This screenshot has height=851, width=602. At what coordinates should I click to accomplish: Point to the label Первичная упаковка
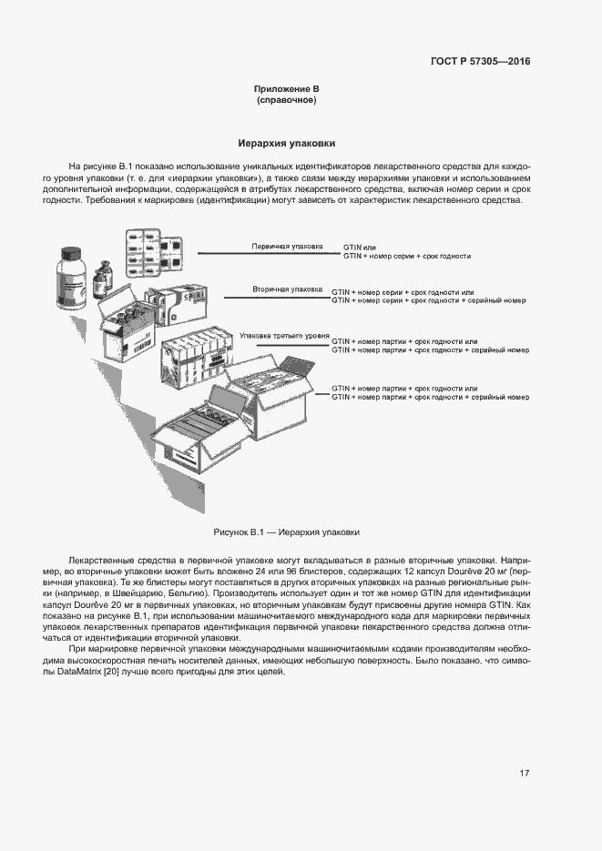pos(287,246)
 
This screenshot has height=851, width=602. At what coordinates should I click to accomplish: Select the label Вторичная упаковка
pos(287,289)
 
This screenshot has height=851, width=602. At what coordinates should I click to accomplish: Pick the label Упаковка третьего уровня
pos(283,336)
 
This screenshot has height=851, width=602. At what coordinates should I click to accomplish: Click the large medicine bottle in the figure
pos(73,277)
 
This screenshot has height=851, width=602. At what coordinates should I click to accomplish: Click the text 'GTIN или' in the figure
pos(359,247)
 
